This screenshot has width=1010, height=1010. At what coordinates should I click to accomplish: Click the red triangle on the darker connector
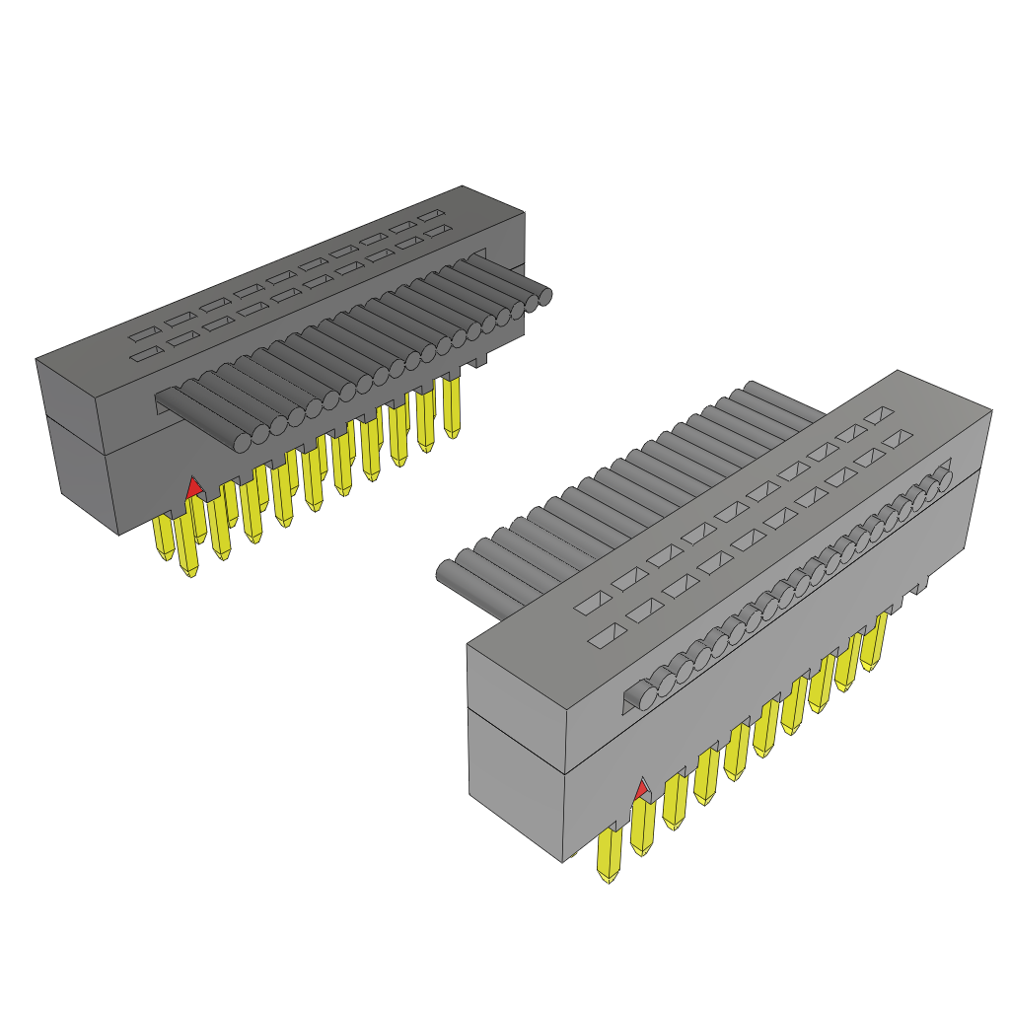point(194,485)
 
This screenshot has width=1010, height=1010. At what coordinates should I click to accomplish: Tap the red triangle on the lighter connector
point(641,789)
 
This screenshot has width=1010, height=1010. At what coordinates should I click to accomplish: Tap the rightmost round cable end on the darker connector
point(541,295)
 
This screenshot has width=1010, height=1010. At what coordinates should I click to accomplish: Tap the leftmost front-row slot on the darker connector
point(149,354)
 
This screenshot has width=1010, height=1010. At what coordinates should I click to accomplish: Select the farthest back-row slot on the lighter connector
point(878,415)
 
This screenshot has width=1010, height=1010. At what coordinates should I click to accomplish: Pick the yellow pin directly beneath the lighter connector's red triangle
point(642,827)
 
